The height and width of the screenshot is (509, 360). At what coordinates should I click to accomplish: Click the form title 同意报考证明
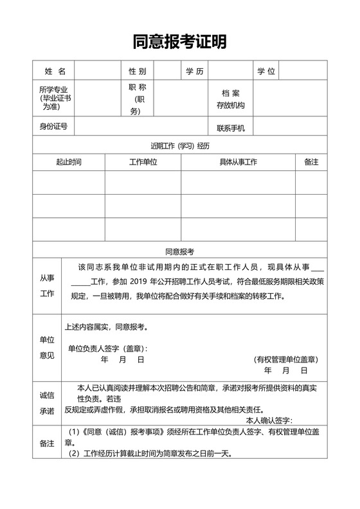(x=180, y=42)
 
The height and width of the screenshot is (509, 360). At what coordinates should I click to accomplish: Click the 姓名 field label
(x=54, y=71)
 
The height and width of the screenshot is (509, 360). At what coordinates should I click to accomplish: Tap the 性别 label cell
(x=137, y=71)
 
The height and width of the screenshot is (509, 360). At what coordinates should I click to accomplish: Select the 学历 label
(x=194, y=71)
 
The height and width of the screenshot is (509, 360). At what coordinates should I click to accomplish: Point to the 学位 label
(x=266, y=71)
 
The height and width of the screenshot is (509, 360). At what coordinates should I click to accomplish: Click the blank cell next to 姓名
(x=97, y=71)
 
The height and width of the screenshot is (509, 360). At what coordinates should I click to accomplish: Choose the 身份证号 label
(x=53, y=127)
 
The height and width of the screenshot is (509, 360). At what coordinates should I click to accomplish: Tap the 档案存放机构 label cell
(x=231, y=99)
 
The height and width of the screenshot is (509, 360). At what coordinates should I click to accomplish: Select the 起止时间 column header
(x=68, y=162)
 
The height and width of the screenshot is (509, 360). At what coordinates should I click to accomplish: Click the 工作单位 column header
(x=143, y=162)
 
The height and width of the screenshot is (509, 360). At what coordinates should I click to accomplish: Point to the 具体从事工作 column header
(x=238, y=162)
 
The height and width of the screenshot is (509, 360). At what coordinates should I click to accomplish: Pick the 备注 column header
(x=311, y=162)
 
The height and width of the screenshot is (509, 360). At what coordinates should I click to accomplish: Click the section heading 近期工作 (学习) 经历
(x=180, y=145)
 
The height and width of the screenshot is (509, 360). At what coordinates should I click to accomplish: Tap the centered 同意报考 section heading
(x=180, y=251)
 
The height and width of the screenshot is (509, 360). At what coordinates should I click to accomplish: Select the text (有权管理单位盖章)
(x=285, y=359)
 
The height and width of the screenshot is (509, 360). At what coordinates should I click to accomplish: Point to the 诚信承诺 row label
(x=47, y=402)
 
